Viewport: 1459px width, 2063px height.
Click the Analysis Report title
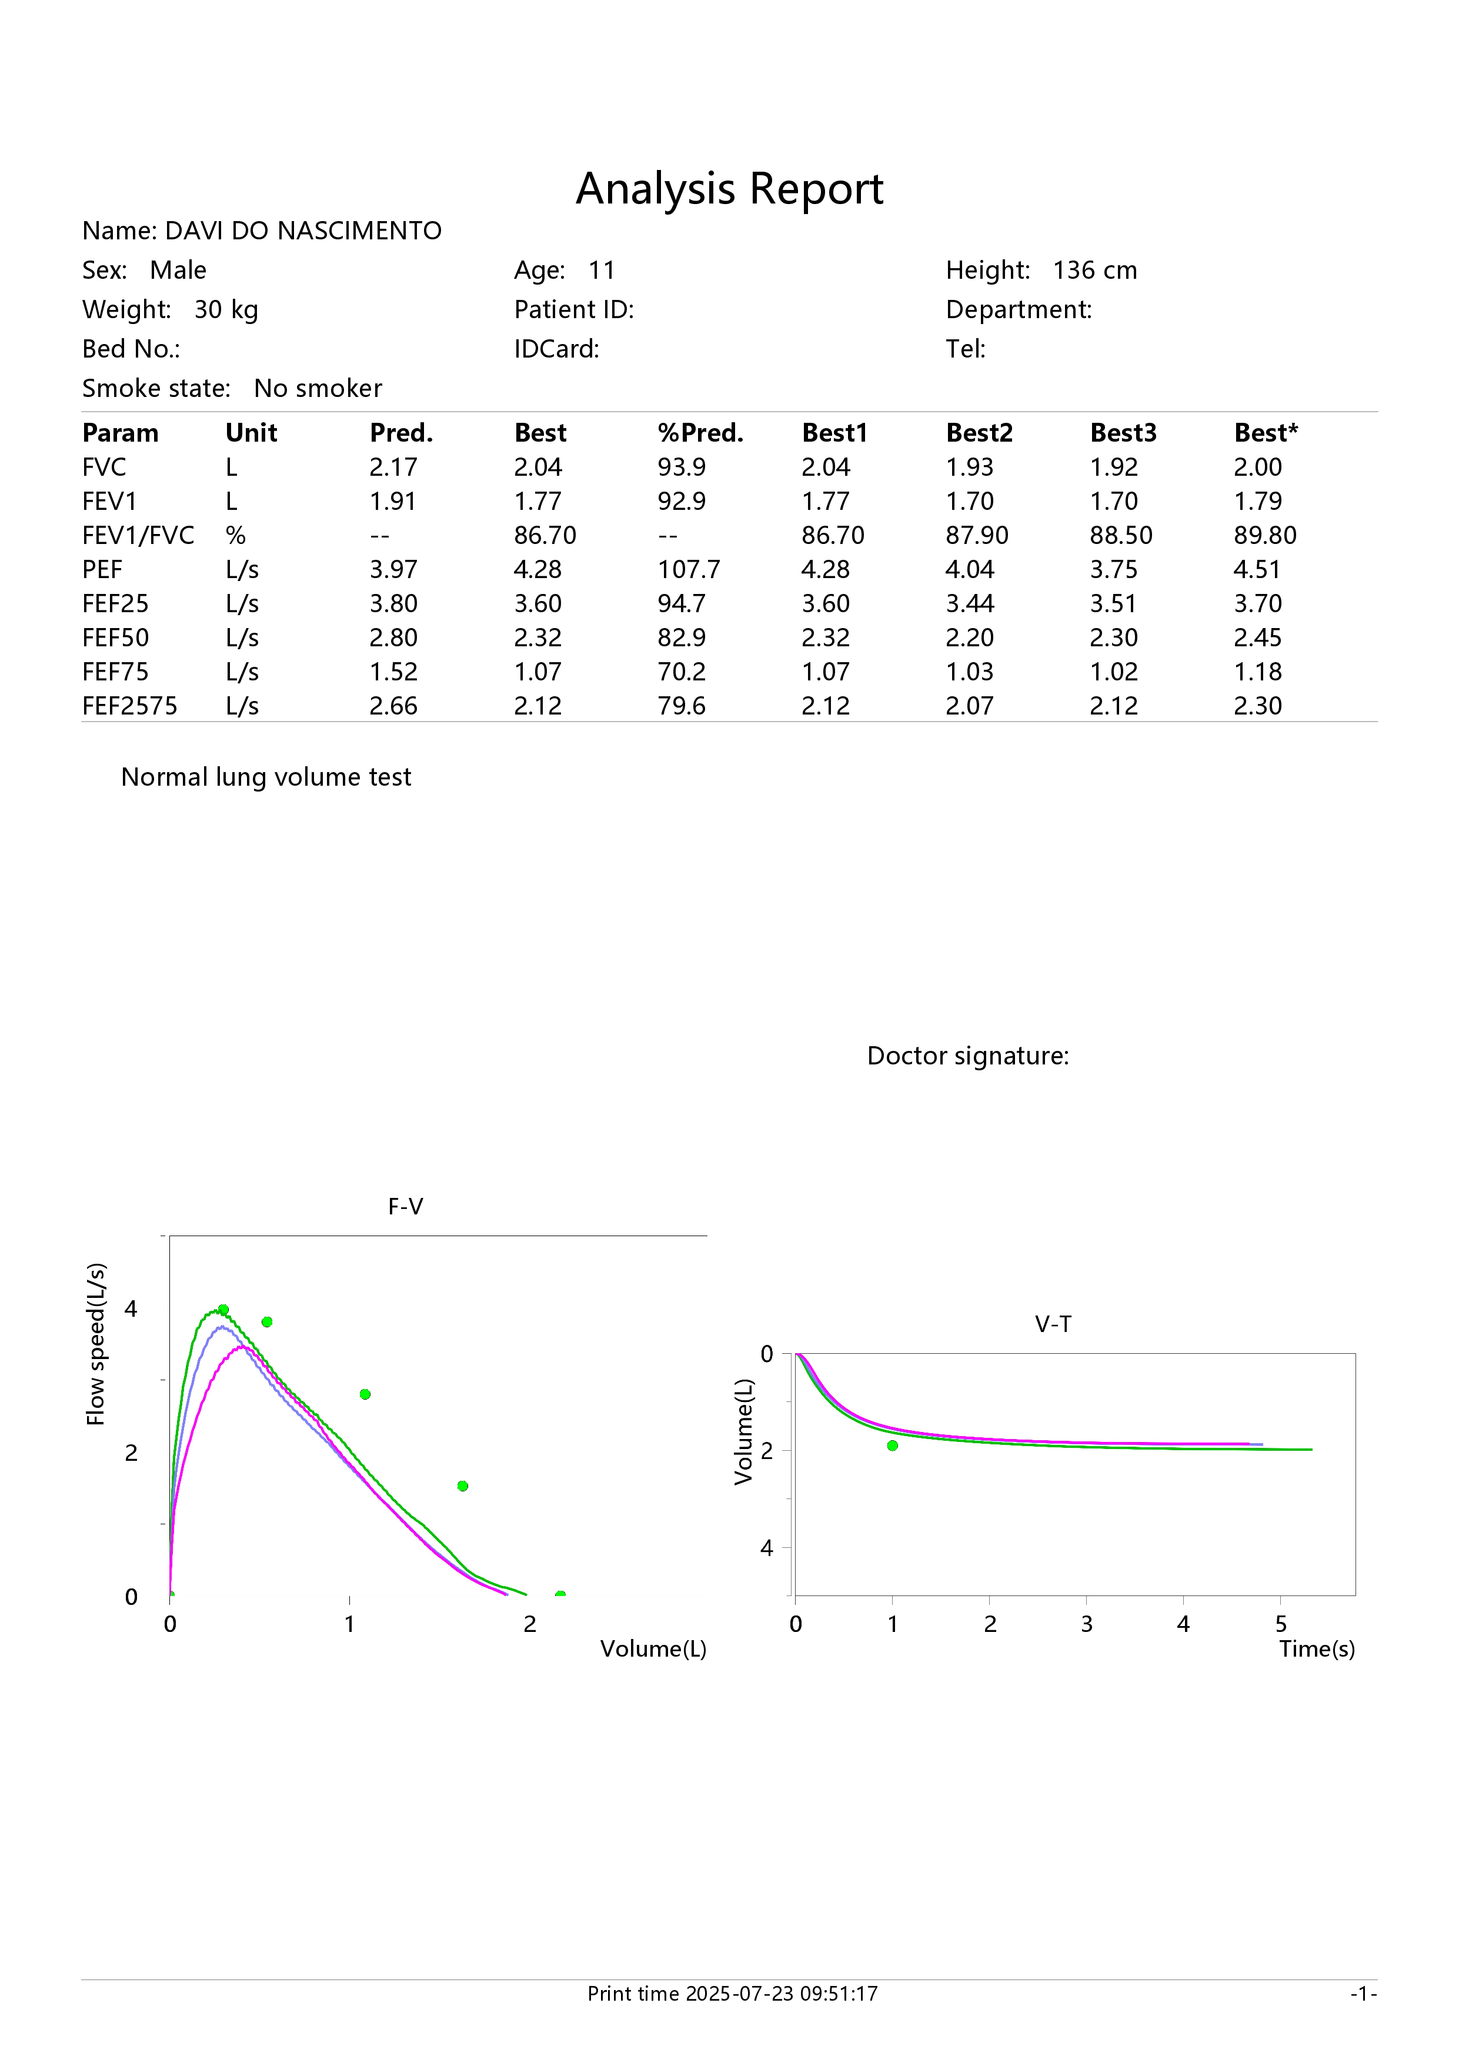click(729, 189)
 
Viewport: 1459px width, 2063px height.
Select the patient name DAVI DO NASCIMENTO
click(303, 231)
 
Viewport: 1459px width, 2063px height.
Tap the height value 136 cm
click(1095, 271)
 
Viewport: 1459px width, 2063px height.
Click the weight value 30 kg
click(226, 310)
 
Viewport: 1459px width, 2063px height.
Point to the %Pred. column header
click(701, 433)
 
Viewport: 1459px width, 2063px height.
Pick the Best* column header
click(1266, 433)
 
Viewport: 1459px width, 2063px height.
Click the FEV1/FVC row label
click(138, 536)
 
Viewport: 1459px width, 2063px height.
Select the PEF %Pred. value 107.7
click(689, 570)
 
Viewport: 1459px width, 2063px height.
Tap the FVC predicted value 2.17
click(393, 467)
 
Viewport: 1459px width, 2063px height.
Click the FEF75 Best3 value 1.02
click(1114, 672)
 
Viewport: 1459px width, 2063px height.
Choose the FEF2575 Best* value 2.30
click(1258, 706)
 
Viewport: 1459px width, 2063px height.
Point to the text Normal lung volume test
click(266, 777)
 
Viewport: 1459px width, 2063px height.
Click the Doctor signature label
click(967, 1056)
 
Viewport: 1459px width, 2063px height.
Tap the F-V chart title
click(405, 1207)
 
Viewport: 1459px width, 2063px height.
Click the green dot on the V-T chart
click(892, 1446)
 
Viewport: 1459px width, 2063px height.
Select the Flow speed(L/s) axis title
click(96, 1344)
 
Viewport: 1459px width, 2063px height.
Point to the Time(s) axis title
click(1317, 1649)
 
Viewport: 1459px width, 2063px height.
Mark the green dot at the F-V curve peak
click(223, 1310)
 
